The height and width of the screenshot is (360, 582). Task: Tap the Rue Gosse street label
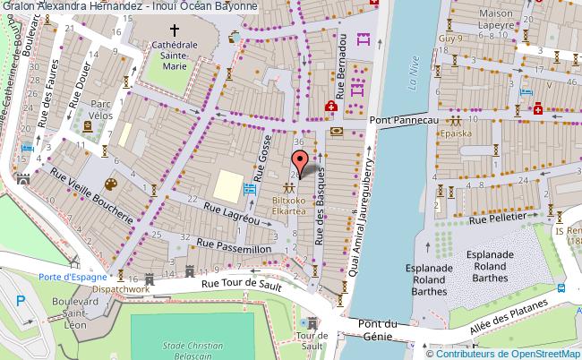tap(265, 156)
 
